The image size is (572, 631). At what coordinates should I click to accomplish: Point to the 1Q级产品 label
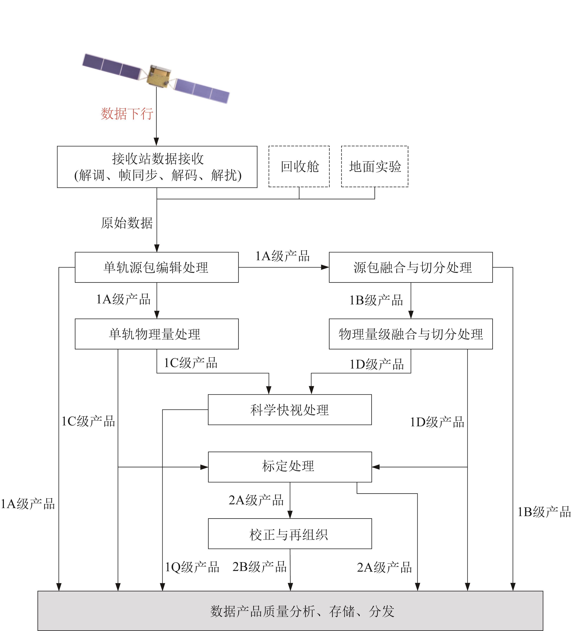(x=192, y=567)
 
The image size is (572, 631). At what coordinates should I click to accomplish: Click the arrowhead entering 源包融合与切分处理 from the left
(x=325, y=267)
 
